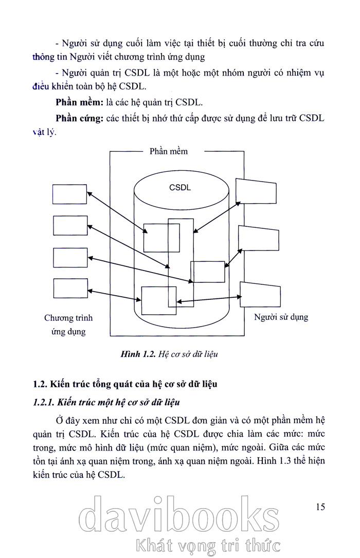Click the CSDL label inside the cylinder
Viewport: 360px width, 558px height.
(179, 187)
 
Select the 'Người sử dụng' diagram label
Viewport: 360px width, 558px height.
(281, 317)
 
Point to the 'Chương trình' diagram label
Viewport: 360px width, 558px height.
(68, 318)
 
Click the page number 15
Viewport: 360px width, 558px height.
(320, 507)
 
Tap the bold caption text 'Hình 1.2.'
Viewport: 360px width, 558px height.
(137, 354)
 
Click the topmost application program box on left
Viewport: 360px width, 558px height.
(70, 194)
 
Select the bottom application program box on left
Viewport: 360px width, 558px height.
(70, 288)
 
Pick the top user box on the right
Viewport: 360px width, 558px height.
(256, 191)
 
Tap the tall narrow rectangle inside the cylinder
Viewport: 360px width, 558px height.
(181, 262)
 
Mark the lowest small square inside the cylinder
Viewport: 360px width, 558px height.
(158, 300)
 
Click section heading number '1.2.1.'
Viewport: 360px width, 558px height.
(44, 401)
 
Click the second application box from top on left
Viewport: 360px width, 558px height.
(70, 225)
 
